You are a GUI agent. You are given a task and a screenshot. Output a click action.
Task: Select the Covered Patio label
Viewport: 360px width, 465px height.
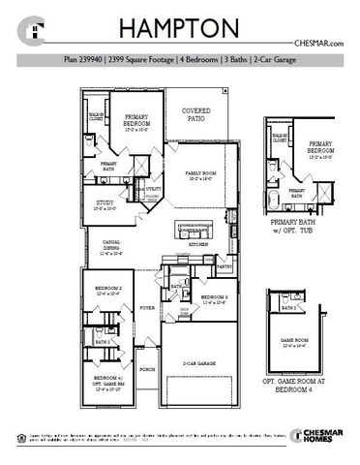tap(195, 115)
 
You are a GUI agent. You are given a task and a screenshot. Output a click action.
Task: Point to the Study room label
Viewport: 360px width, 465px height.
tap(105, 204)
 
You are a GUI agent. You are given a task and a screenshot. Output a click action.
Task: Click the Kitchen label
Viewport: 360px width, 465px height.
tap(197, 245)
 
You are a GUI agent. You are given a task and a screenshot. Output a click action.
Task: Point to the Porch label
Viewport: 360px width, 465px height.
tap(147, 369)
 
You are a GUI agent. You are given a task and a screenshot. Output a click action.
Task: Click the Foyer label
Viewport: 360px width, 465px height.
tap(147, 307)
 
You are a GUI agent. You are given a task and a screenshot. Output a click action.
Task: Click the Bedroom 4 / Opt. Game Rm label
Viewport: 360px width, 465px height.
tap(107, 380)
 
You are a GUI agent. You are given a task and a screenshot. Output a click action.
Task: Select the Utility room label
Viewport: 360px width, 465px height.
tap(153, 190)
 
